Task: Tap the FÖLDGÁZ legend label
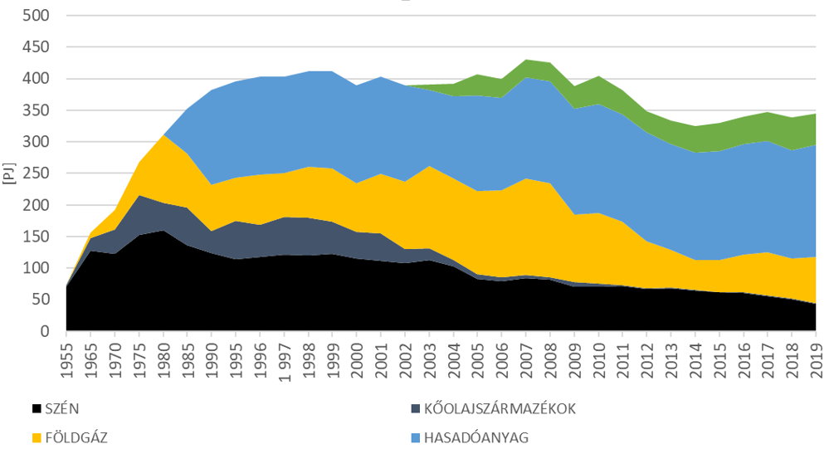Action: (70, 437)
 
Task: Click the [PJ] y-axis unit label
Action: (11, 173)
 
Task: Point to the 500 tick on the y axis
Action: (38, 16)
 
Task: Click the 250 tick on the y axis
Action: (38, 173)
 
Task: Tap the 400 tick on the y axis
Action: (38, 79)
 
